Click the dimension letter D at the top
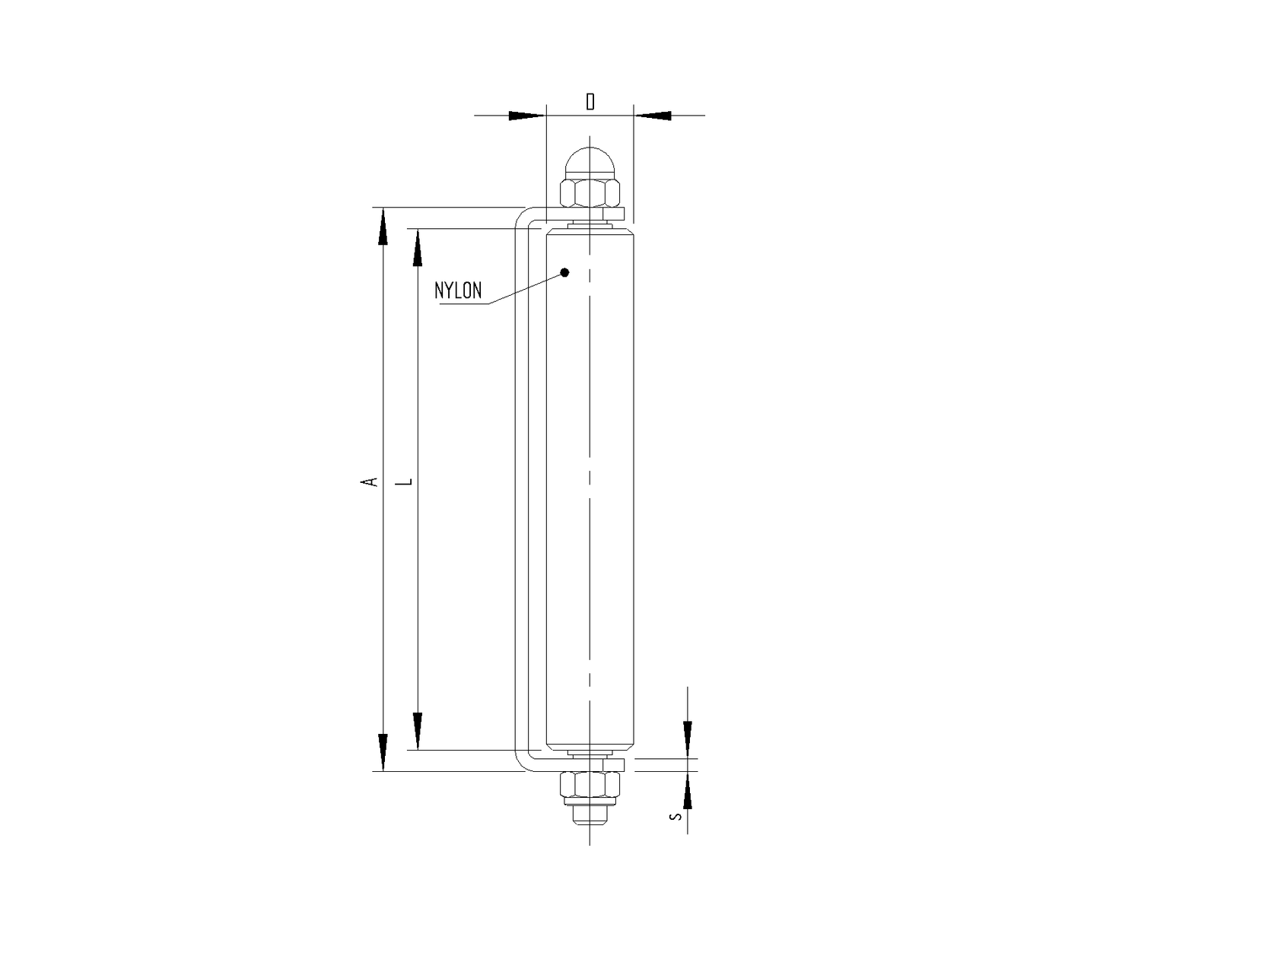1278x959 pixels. coord(590,101)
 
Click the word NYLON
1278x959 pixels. coord(458,291)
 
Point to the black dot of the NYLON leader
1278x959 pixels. coord(564,272)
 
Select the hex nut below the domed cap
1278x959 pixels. coord(590,193)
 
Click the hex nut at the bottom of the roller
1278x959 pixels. coord(590,783)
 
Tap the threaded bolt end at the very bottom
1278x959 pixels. coord(590,818)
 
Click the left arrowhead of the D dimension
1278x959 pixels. coord(527,116)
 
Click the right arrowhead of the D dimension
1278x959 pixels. coord(653,116)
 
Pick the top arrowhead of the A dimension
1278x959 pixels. coord(383,227)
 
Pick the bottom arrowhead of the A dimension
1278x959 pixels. coord(383,752)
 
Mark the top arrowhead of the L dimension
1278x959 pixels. coord(417,248)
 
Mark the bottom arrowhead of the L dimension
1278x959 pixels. coord(417,731)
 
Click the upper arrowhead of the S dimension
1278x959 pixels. coord(688,738)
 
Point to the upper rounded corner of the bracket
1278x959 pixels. coord(522,218)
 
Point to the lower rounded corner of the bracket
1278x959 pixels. coord(522,763)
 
